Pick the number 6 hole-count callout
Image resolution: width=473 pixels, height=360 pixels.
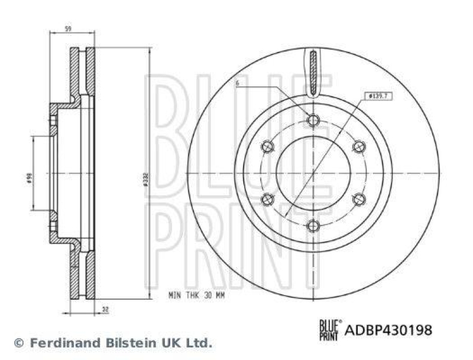[237, 85]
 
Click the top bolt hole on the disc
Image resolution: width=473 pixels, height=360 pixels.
[313, 121]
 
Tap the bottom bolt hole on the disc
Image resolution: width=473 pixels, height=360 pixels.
[313, 225]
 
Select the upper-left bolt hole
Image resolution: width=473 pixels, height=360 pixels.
[268, 146]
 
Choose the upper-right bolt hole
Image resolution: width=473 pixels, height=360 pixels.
[359, 146]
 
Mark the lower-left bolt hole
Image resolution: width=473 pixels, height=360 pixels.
[268, 199]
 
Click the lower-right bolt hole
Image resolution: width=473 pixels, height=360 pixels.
[359, 199]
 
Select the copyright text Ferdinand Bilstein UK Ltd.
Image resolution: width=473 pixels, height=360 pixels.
[112, 342]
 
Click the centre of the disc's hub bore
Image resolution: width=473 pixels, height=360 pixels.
[313, 173]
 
